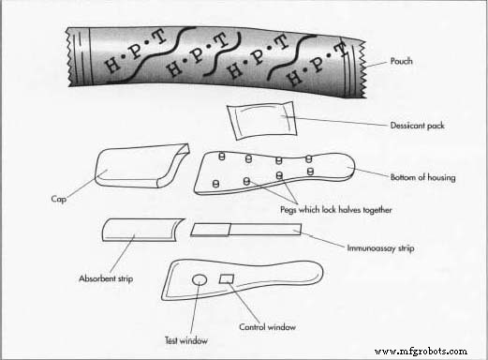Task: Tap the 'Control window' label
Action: pos(268,327)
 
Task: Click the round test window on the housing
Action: pos(200,280)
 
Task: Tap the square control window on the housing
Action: pos(226,278)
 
